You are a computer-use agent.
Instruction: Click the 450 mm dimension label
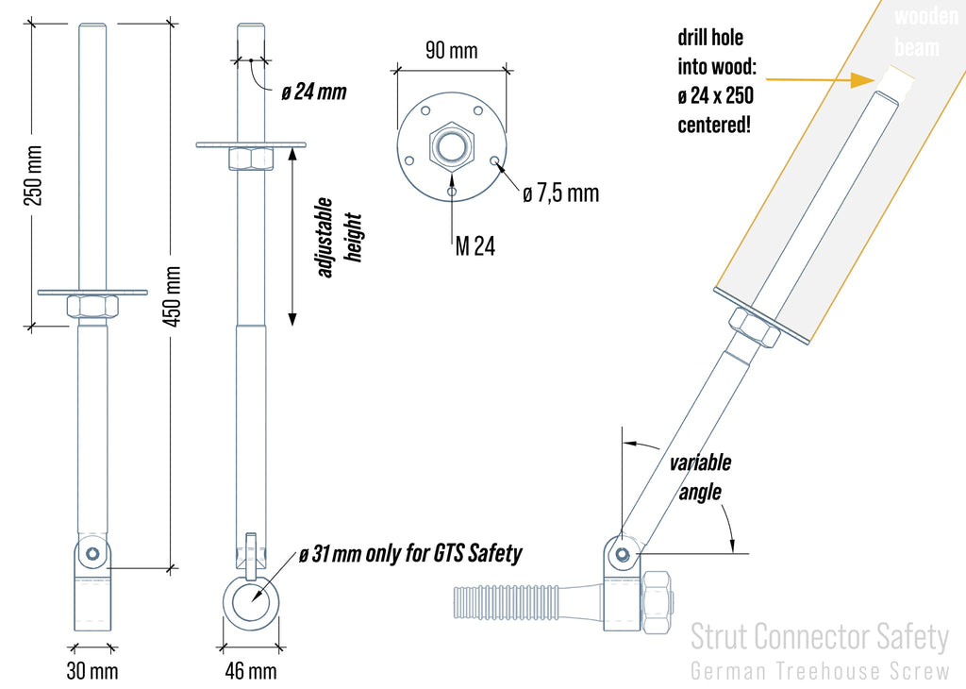[172, 295]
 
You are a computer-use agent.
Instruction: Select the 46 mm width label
[252, 671]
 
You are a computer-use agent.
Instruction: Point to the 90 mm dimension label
[451, 51]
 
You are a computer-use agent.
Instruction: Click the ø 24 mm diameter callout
[314, 92]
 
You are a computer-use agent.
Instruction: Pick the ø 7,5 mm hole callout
[560, 193]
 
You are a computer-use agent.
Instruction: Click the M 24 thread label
[475, 247]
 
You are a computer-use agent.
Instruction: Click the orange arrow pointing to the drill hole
[830, 79]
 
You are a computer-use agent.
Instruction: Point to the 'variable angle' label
[700, 478]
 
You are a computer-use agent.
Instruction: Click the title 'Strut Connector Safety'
[819, 637]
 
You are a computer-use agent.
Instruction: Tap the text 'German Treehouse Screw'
[819, 671]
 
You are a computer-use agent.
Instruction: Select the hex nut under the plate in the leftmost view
[92, 307]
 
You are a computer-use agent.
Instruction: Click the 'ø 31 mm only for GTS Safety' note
[409, 554]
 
